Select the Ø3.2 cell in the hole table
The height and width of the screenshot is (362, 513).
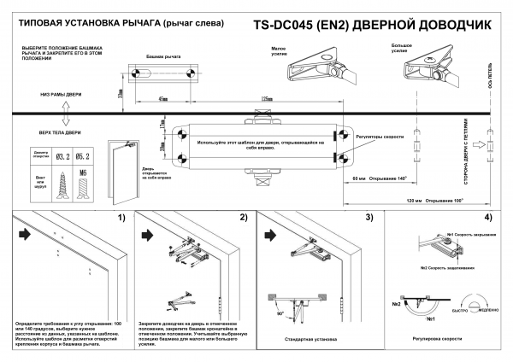point(62,157)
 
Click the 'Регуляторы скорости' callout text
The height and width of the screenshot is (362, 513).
point(380,136)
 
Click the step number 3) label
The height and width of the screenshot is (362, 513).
point(369,218)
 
